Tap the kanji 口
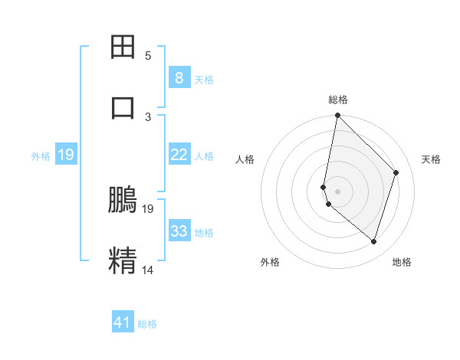(x=123, y=106)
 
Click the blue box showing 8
(x=179, y=77)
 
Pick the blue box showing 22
(x=179, y=155)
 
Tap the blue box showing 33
(x=179, y=231)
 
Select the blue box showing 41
(x=123, y=322)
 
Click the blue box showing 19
(x=65, y=155)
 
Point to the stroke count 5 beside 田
(x=148, y=55)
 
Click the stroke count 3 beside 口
(x=148, y=116)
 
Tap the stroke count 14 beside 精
(x=148, y=270)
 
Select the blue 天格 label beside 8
(x=204, y=79)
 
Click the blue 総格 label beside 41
(x=147, y=324)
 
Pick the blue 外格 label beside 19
(x=41, y=156)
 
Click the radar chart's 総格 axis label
(x=338, y=100)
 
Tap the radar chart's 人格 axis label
(x=245, y=159)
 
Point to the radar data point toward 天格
(x=396, y=172)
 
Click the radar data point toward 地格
(x=373, y=241)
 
